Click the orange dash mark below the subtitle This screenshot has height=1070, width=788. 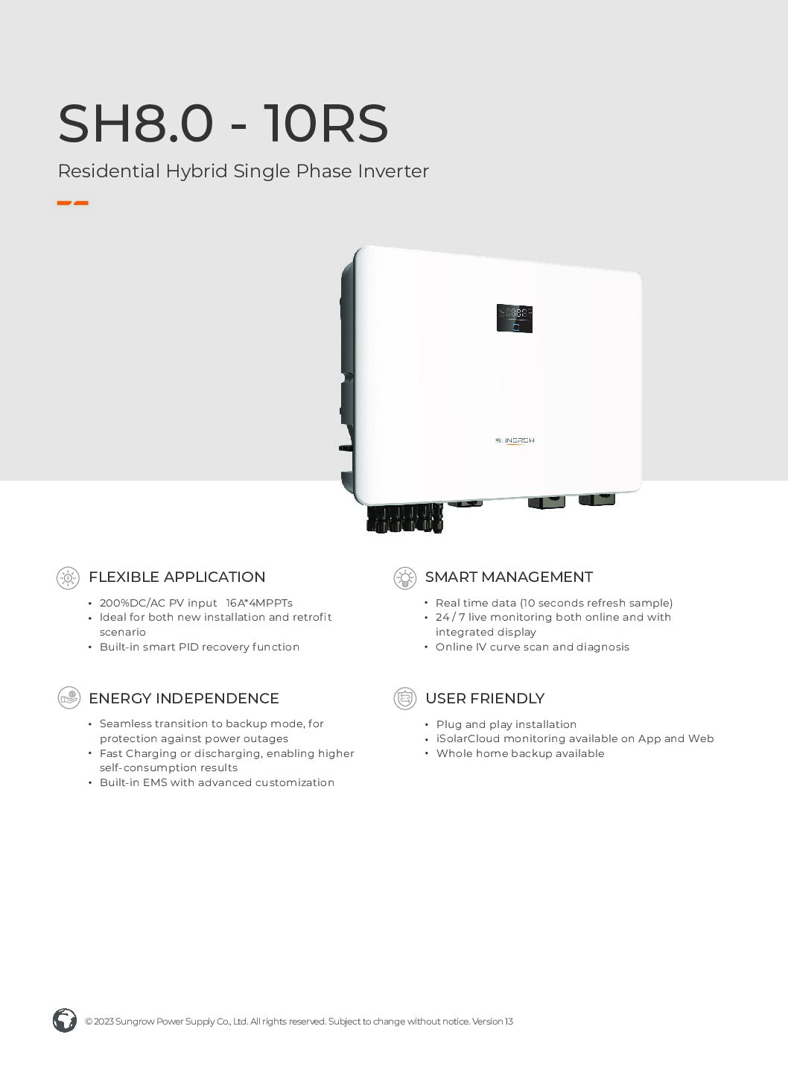click(72, 203)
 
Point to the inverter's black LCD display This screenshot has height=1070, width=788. click(515, 318)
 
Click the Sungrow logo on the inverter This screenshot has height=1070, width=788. click(515, 440)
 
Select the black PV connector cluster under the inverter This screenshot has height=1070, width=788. click(405, 517)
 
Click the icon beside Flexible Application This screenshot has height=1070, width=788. click(69, 578)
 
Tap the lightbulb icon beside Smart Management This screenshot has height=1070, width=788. click(405, 578)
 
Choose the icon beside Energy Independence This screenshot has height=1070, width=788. click(69, 698)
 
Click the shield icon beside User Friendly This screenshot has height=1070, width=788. click(405, 699)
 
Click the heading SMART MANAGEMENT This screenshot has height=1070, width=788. click(509, 577)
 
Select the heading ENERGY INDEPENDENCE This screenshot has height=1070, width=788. click(184, 698)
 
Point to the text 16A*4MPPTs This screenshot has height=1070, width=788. click(259, 603)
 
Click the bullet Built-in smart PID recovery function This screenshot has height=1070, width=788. click(200, 647)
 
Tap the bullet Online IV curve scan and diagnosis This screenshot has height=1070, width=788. click(533, 647)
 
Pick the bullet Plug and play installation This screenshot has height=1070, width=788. click(506, 725)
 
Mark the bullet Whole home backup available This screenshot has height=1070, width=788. click(520, 753)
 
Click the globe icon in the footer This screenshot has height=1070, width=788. click(65, 1021)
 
